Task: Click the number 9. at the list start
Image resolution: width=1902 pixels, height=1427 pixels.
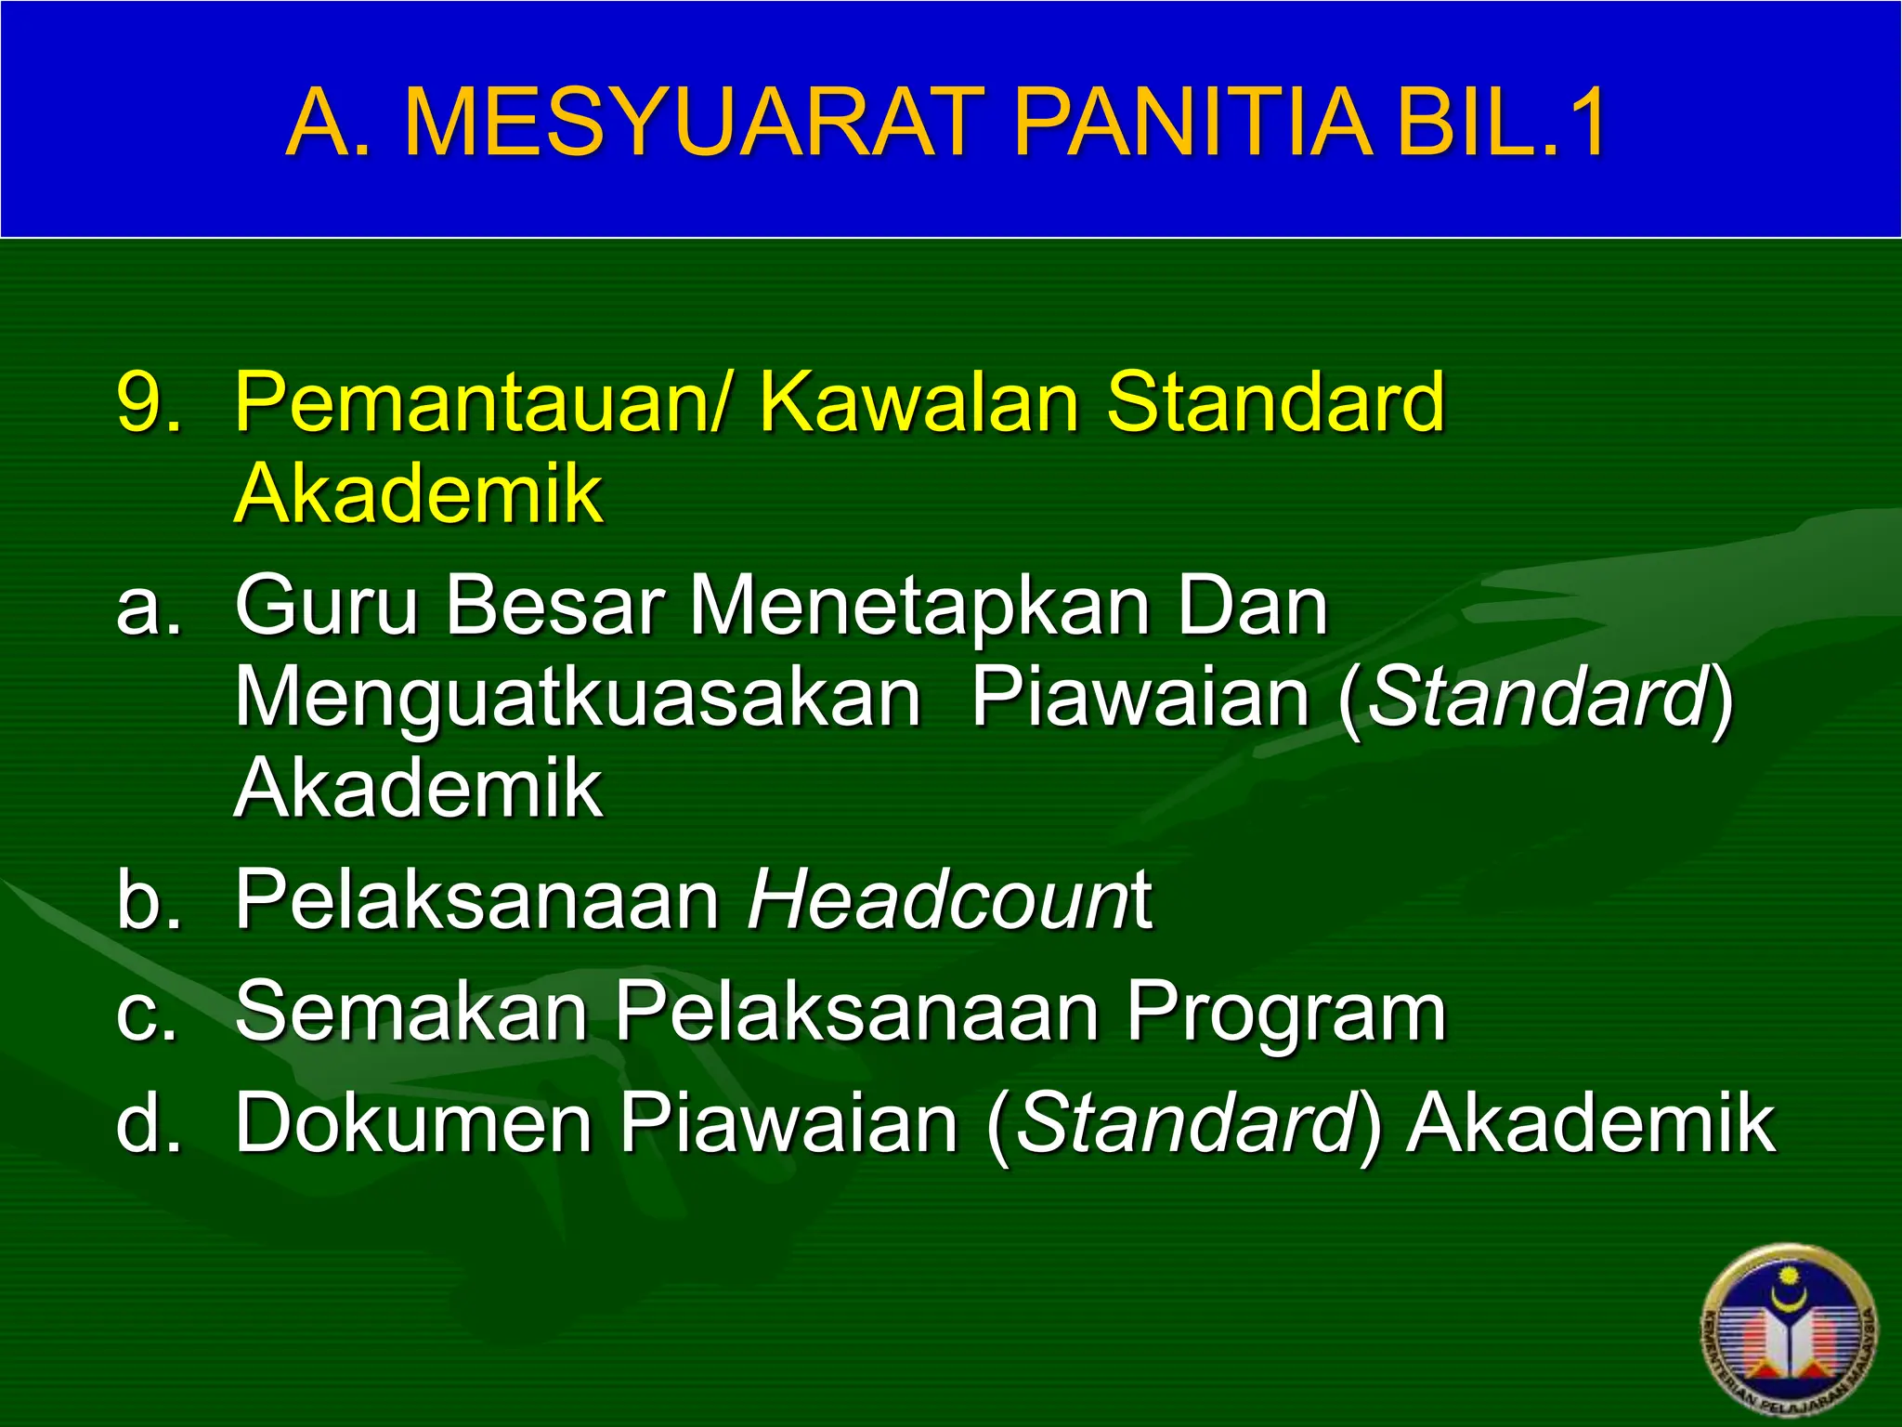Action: pyautogui.click(x=149, y=401)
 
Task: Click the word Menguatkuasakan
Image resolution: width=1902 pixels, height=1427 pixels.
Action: pyautogui.click(x=577, y=699)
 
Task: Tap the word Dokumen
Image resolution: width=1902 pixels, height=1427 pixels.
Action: pyautogui.click(x=413, y=1122)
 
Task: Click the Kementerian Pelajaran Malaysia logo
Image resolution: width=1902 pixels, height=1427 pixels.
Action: pyautogui.click(x=1788, y=1332)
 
